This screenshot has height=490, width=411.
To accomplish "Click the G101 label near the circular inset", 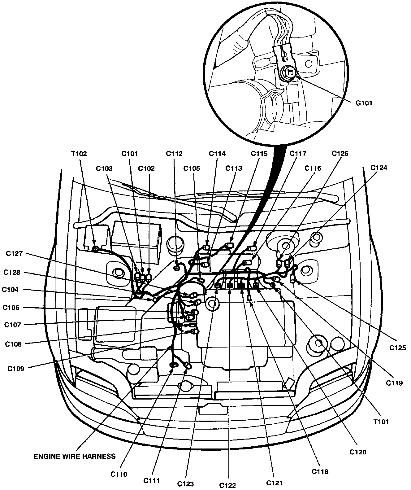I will (x=364, y=103).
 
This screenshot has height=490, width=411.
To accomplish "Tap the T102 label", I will (x=79, y=153).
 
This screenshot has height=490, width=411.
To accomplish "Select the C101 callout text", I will (x=129, y=153).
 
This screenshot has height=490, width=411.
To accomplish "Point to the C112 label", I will (x=174, y=153).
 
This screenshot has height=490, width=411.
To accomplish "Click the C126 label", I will (x=340, y=153).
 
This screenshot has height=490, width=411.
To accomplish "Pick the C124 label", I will (x=379, y=168).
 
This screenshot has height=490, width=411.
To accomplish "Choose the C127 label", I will (x=14, y=253).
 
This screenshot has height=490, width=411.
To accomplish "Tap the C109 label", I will (x=16, y=369).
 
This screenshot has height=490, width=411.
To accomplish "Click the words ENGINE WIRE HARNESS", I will (x=75, y=456).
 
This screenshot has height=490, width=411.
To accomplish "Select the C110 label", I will (x=119, y=474).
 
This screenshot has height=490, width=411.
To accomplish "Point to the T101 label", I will (x=381, y=422).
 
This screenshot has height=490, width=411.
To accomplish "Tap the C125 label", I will (x=398, y=348).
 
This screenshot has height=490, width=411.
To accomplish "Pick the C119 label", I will (x=394, y=383).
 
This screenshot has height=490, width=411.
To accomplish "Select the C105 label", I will (x=192, y=168).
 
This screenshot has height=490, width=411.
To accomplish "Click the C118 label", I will (x=320, y=472).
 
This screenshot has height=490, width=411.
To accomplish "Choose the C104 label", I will (x=10, y=290).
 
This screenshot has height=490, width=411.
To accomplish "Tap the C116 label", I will (x=313, y=168).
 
